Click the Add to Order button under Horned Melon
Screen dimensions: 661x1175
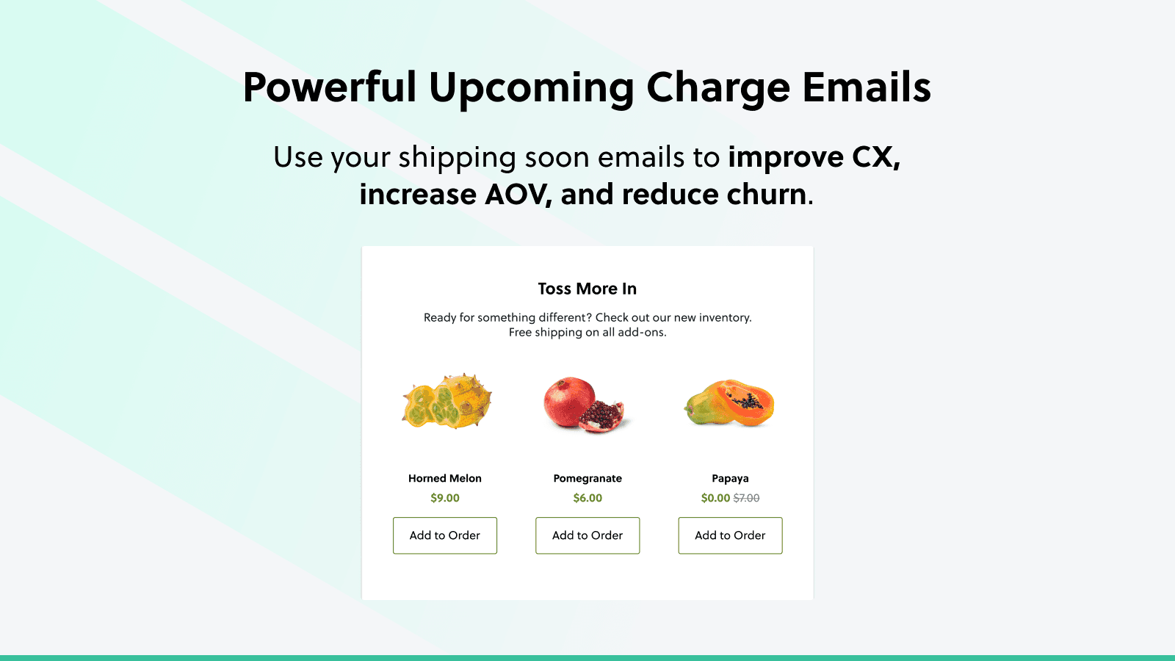point(445,535)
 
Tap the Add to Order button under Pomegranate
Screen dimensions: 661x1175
point(587,535)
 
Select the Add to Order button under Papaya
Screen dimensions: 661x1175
point(730,535)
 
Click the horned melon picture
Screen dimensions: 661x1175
point(446,401)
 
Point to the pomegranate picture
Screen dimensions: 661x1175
point(585,404)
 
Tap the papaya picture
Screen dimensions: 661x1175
point(729,402)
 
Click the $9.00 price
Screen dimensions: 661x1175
point(445,498)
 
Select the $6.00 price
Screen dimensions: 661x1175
point(587,498)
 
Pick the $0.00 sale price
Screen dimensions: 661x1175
point(715,498)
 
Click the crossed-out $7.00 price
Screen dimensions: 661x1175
point(746,498)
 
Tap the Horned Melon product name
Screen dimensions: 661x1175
point(445,478)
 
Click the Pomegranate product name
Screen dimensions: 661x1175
point(587,478)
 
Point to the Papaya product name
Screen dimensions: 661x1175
point(730,478)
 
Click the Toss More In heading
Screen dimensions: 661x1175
point(587,289)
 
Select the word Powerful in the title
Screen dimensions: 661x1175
point(330,87)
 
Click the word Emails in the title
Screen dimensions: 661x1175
point(867,87)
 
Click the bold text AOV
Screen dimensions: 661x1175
point(518,195)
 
